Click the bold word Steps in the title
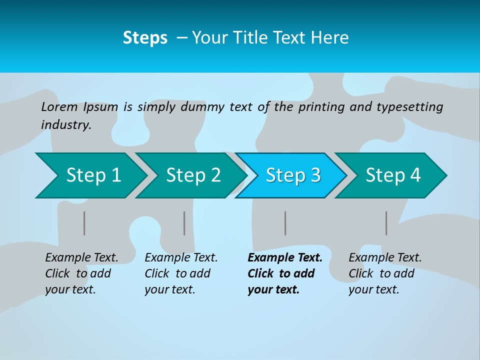point(145,38)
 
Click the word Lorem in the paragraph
point(59,106)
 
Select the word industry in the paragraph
point(65,125)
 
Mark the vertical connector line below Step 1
point(84,223)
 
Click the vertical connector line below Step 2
point(184,223)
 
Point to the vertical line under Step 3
point(285,223)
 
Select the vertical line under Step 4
point(386,223)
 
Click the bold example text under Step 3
point(284,273)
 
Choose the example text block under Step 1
point(81,273)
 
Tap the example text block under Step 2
point(181,273)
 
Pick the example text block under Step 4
point(385,273)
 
